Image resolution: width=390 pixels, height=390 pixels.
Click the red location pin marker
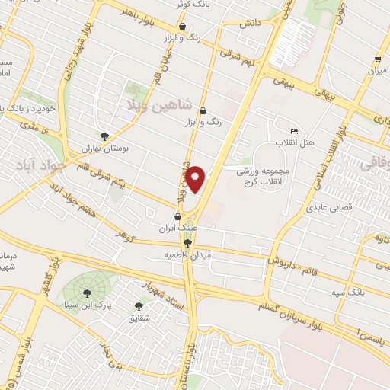(197, 179)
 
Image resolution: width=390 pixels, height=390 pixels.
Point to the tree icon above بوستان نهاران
(115, 136)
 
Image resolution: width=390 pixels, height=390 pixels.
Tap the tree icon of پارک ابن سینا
(86, 292)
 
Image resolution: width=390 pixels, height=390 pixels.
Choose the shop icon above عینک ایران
(178, 216)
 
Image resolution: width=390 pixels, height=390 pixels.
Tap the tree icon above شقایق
(139, 306)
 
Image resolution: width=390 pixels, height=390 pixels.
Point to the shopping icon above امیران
(378, 59)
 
